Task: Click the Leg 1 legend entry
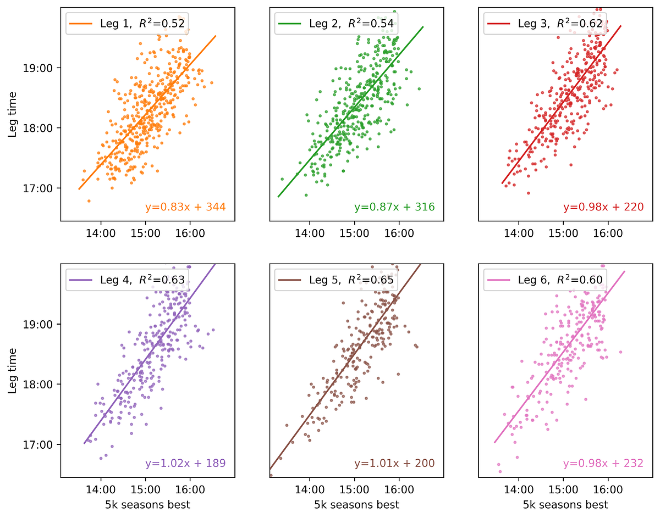click(x=128, y=23)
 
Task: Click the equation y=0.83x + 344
click(x=185, y=207)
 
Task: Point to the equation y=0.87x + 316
click(x=394, y=207)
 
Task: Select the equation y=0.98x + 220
click(x=603, y=207)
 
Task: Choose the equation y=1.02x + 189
click(x=185, y=463)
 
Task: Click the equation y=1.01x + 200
click(x=394, y=463)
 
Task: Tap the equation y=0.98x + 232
click(x=603, y=463)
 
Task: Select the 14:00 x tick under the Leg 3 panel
click(x=519, y=233)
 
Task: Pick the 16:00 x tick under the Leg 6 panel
click(x=608, y=489)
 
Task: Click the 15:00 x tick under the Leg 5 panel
click(x=354, y=489)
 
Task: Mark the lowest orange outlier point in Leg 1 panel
click(x=89, y=201)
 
